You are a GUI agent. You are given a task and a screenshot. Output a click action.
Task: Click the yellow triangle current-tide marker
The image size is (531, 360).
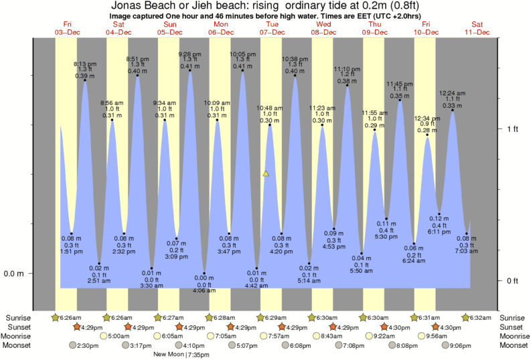tap(266, 174)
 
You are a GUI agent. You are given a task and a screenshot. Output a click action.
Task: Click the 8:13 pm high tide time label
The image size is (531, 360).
tap(84, 64)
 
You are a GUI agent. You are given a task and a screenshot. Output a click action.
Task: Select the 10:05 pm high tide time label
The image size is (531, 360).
tap(242, 54)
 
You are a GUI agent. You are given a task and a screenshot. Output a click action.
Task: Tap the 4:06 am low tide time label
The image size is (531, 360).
tap(204, 291)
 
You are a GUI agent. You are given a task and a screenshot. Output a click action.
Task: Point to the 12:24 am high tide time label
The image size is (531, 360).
tap(453, 93)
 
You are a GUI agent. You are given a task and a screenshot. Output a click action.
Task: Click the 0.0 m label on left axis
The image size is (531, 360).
tap(14, 274)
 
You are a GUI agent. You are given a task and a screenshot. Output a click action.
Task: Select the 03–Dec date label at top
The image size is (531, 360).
tap(68, 32)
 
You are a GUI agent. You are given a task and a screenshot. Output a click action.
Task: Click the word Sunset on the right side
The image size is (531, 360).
tap(514, 327)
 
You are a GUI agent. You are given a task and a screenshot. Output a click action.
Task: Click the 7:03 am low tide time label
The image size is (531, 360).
tap(467, 251)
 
